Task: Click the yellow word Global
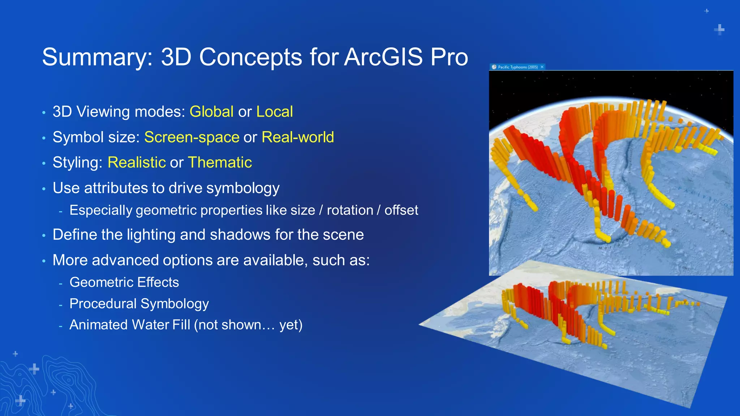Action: coord(211,112)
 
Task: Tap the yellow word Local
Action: coord(274,112)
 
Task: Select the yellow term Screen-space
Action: coord(192,137)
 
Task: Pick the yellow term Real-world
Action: coord(297,137)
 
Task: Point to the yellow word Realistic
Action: coord(137,162)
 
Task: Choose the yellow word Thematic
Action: coord(220,162)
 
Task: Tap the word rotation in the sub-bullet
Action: coord(350,210)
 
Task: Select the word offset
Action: coord(401,210)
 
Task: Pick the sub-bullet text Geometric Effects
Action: coord(124,282)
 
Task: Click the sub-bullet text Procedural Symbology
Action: coord(139,304)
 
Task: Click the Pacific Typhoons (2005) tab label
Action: coord(517,67)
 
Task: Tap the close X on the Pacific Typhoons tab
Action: coord(542,67)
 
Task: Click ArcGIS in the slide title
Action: coord(383,57)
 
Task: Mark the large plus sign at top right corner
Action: coord(719,29)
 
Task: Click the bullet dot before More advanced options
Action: coord(44,261)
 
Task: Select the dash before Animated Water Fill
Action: coord(61,326)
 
